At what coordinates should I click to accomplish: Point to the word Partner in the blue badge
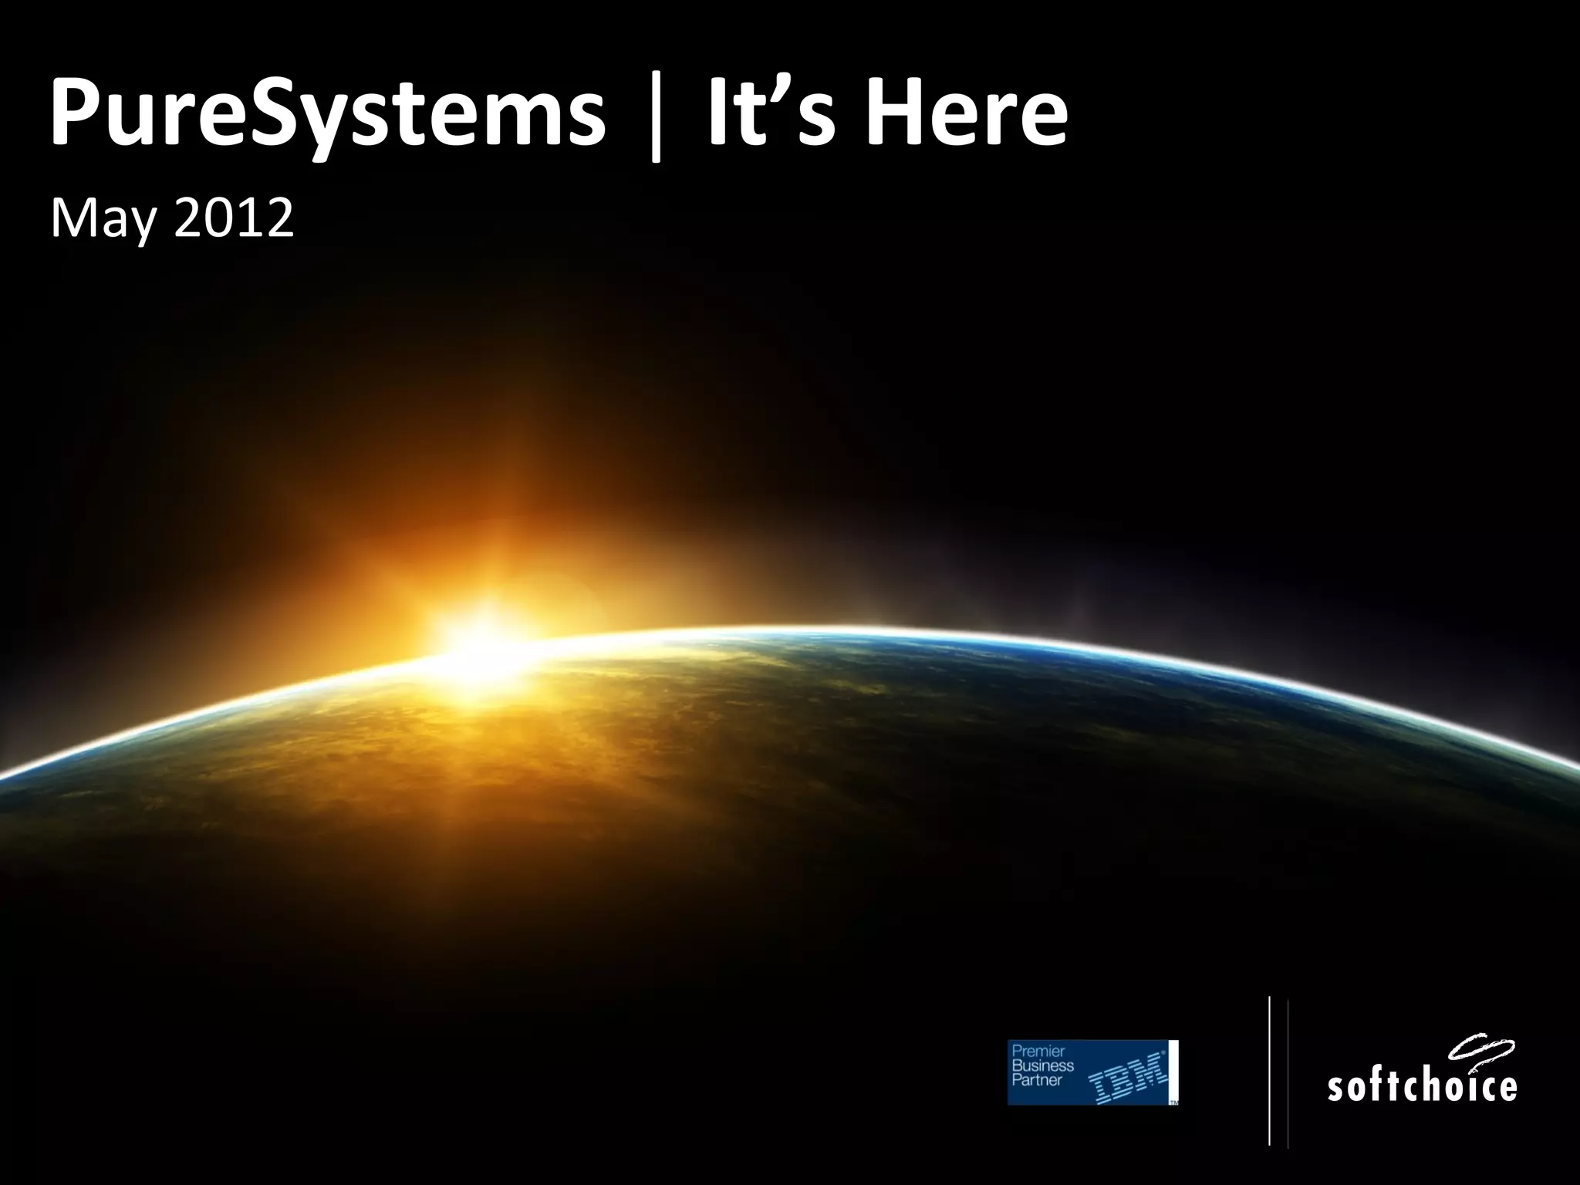[x=1037, y=1079]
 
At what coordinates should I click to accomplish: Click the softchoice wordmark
[x=1421, y=1085]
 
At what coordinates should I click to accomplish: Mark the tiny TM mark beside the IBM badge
[x=1174, y=1102]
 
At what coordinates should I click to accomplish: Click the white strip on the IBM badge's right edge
[x=1173, y=1069]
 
